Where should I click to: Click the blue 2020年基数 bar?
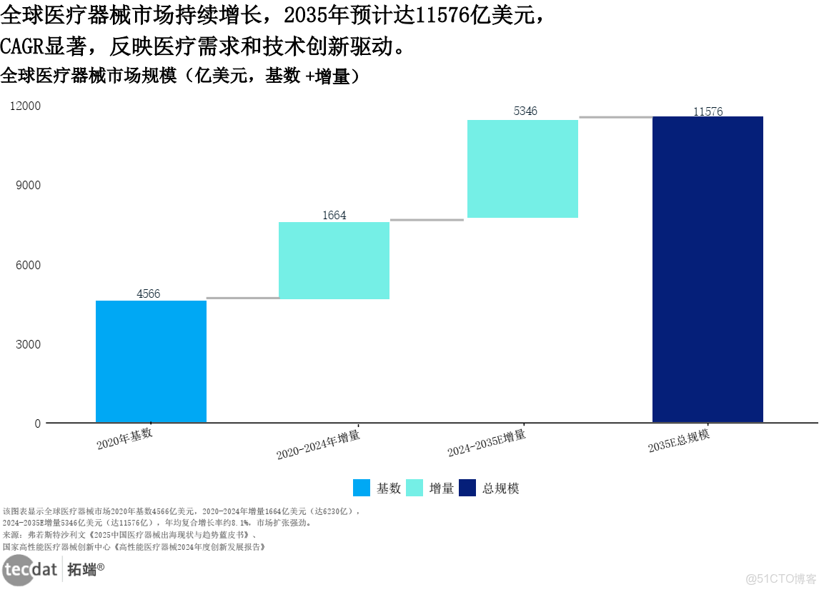click(151, 361)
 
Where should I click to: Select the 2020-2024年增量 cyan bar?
click(334, 261)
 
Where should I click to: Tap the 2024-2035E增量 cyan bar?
click(522, 169)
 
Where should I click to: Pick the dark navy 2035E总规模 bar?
click(708, 269)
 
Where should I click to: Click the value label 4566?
click(149, 294)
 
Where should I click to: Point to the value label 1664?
click(334, 216)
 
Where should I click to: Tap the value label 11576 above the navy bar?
click(708, 111)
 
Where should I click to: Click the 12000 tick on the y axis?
click(26, 106)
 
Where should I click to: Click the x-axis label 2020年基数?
click(124, 438)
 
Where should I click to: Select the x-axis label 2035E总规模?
click(679, 441)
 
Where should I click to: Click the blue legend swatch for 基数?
click(362, 488)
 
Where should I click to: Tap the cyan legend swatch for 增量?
click(415, 488)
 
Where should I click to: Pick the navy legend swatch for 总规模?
click(467, 488)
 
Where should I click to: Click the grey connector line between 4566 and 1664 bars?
click(243, 298)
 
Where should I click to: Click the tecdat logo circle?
click(19, 570)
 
